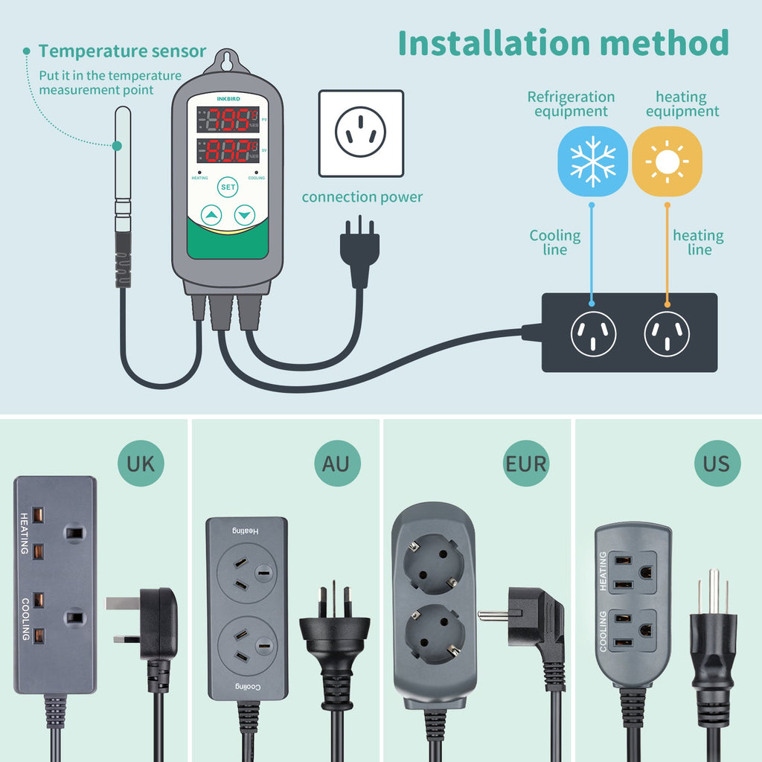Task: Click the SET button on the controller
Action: pyautogui.click(x=227, y=188)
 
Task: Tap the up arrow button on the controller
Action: pyautogui.click(x=211, y=216)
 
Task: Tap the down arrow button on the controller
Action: pyautogui.click(x=244, y=216)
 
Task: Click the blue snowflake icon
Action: pyautogui.click(x=592, y=161)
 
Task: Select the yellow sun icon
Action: pyautogui.click(x=667, y=161)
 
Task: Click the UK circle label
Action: pyautogui.click(x=141, y=464)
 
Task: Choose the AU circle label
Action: pyautogui.click(x=336, y=464)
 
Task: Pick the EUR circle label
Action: pyautogui.click(x=526, y=464)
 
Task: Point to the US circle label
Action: pyautogui.click(x=717, y=464)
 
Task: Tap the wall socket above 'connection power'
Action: pyautogui.click(x=361, y=133)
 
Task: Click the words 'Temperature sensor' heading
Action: pyautogui.click(x=122, y=51)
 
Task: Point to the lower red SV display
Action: pyautogui.click(x=227, y=153)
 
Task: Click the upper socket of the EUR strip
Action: pyautogui.click(x=434, y=567)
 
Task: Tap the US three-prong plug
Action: pyautogui.click(x=713, y=625)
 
